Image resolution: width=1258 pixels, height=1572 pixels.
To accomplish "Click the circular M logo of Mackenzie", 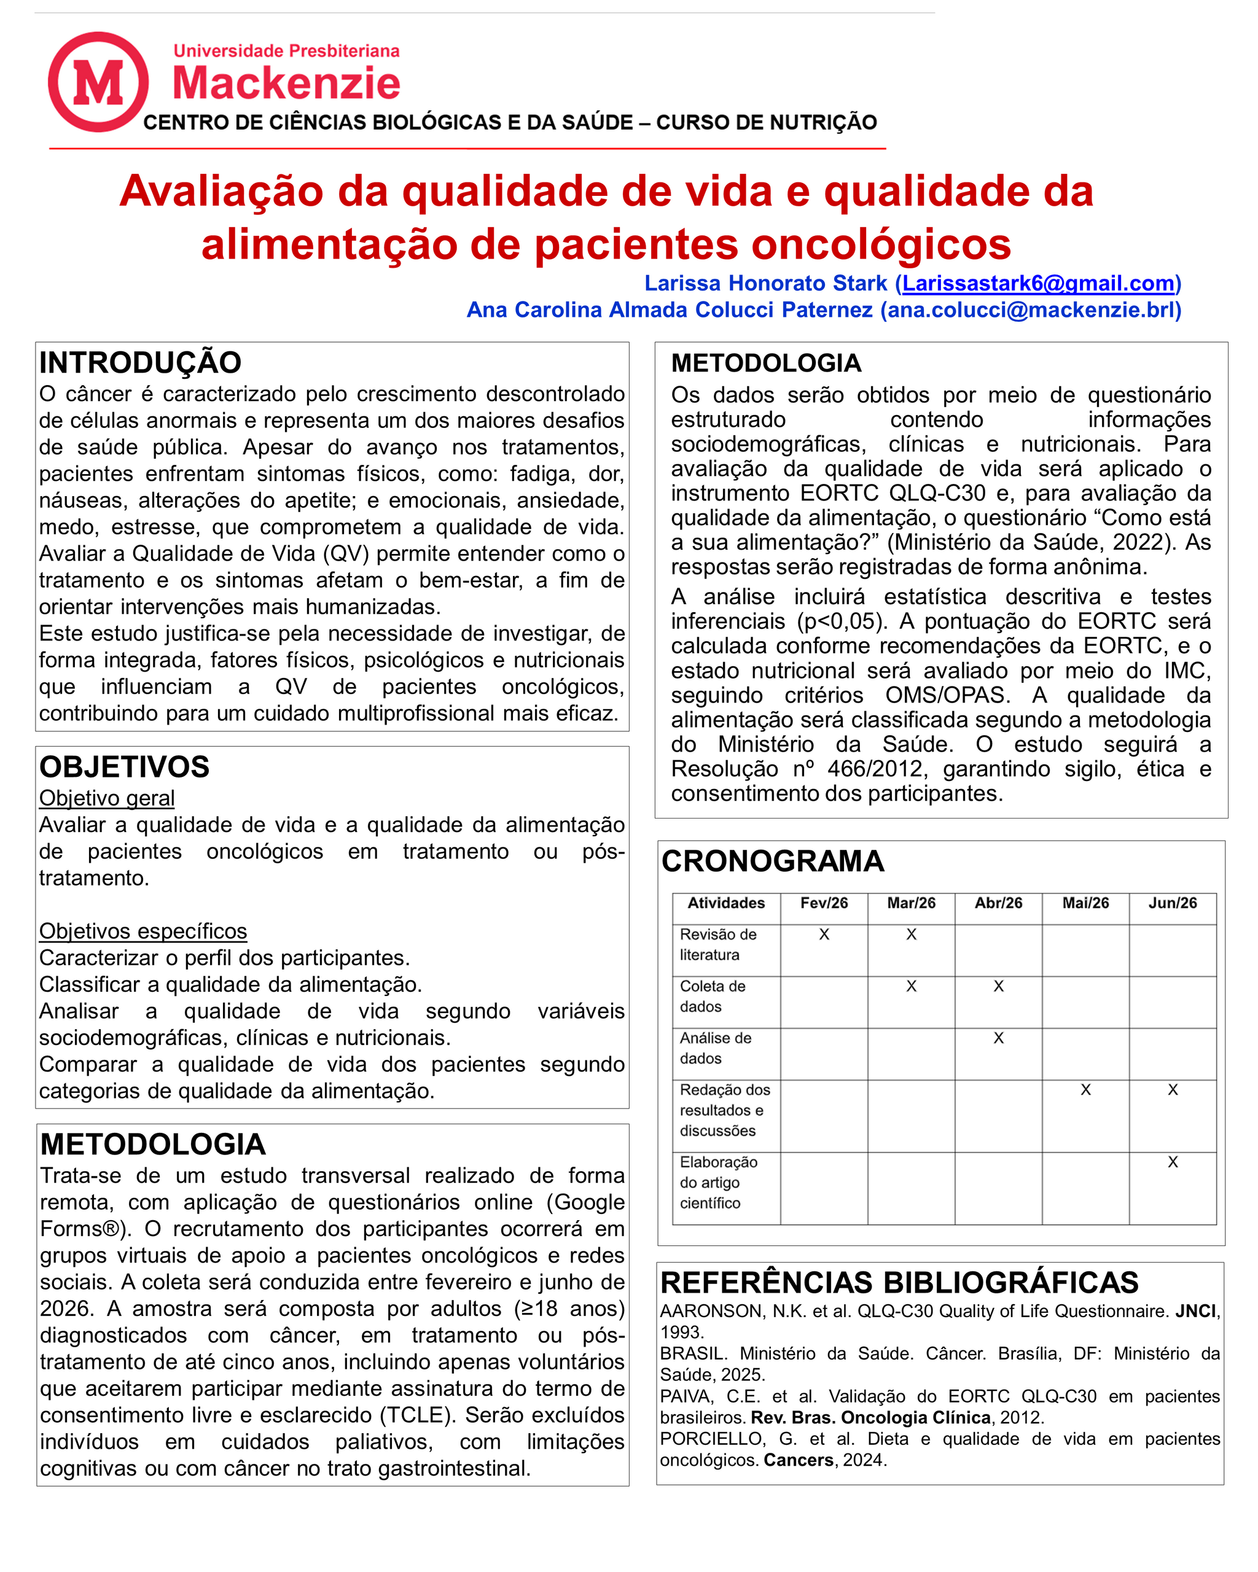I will [x=98, y=82].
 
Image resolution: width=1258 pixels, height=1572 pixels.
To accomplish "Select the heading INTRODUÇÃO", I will [x=140, y=362].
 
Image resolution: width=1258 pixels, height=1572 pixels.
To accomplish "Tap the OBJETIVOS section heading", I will [x=124, y=767].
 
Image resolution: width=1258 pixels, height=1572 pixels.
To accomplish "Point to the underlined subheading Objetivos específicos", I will [x=143, y=931].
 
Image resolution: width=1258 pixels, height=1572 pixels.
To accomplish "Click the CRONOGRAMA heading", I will [x=772, y=861].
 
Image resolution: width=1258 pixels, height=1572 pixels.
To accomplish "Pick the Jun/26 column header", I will [x=1172, y=903].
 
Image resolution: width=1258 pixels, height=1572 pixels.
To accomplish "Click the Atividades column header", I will [x=725, y=903].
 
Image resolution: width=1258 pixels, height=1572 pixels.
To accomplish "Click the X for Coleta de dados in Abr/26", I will [x=998, y=986].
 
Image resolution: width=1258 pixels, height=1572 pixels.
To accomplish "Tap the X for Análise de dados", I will [x=998, y=1038].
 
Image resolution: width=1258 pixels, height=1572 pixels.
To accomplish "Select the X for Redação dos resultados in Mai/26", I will [x=1085, y=1089].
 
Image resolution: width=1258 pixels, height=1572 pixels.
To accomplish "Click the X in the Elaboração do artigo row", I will [x=1172, y=1162].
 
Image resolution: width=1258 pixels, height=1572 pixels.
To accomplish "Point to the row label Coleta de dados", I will [x=712, y=996].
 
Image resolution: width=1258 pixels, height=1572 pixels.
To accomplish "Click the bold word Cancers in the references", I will [x=799, y=1460].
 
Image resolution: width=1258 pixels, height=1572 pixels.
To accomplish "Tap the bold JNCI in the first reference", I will [x=1195, y=1311].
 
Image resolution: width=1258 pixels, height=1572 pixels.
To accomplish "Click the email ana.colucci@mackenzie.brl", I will [x=1029, y=310].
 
